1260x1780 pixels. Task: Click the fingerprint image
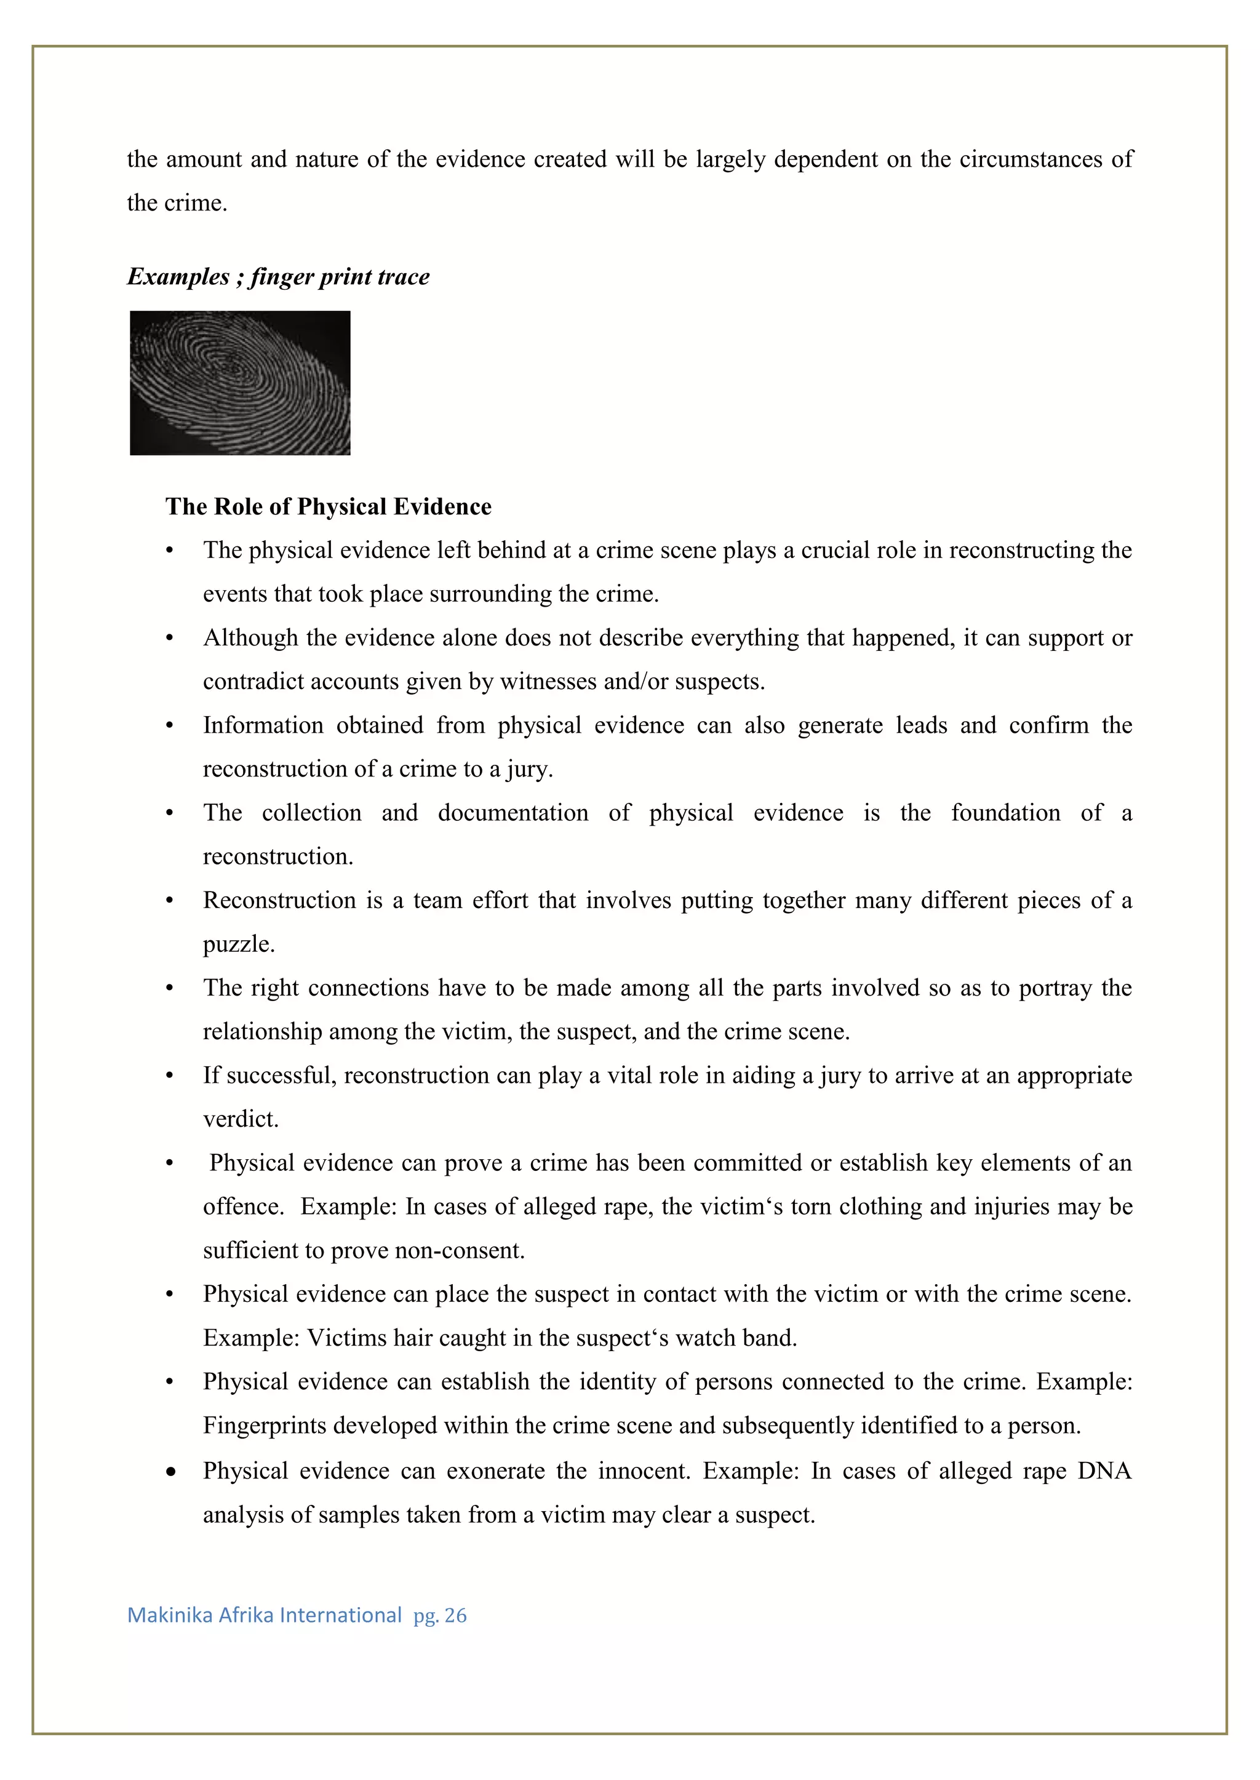240,383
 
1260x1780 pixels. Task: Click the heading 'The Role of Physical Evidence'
328,507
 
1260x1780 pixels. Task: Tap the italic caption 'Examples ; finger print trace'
277,277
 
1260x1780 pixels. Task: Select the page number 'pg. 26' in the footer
440,1616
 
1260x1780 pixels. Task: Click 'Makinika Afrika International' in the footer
265,1616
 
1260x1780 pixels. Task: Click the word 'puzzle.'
239,945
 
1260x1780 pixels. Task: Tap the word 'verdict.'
241,1119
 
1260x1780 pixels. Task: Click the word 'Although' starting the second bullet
250,638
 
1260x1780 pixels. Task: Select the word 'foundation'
1005,813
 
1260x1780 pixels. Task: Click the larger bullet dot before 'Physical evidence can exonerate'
170,1472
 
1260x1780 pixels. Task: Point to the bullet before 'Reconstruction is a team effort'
169,901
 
